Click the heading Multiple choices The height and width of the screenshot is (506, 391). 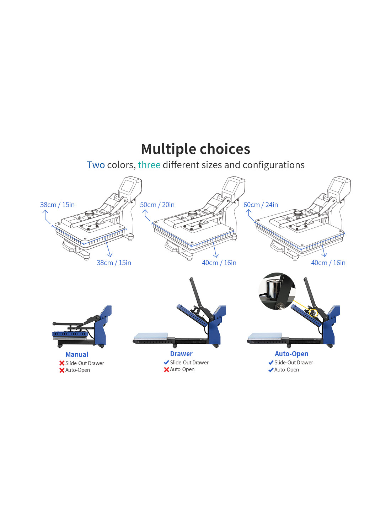coord(195,149)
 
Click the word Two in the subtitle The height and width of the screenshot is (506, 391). coord(96,165)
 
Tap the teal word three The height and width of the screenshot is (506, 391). coord(149,165)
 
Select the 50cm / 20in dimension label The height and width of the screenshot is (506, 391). coord(157,205)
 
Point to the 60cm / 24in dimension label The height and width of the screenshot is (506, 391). coord(261,205)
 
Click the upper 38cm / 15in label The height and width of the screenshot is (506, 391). coord(57,205)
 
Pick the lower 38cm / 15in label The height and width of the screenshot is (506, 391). coord(114,263)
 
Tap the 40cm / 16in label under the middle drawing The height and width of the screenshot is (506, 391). coord(219,263)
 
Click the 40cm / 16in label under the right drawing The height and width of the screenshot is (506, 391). coord(328,263)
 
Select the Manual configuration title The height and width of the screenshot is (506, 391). coord(77,354)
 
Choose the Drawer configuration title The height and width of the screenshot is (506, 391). coord(181,354)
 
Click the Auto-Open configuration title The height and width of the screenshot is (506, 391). coord(291,354)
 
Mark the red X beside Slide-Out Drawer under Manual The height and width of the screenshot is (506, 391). coord(61,363)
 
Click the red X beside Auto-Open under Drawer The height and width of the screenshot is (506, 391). coord(166,369)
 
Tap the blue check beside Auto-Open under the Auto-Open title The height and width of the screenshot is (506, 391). coord(271,370)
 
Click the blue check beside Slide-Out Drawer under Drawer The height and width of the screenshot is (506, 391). coord(166,362)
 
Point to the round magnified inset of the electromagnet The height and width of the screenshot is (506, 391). coord(277,291)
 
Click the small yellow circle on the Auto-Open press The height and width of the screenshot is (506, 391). coord(314,313)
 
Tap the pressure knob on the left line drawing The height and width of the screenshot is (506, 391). coord(89,214)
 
